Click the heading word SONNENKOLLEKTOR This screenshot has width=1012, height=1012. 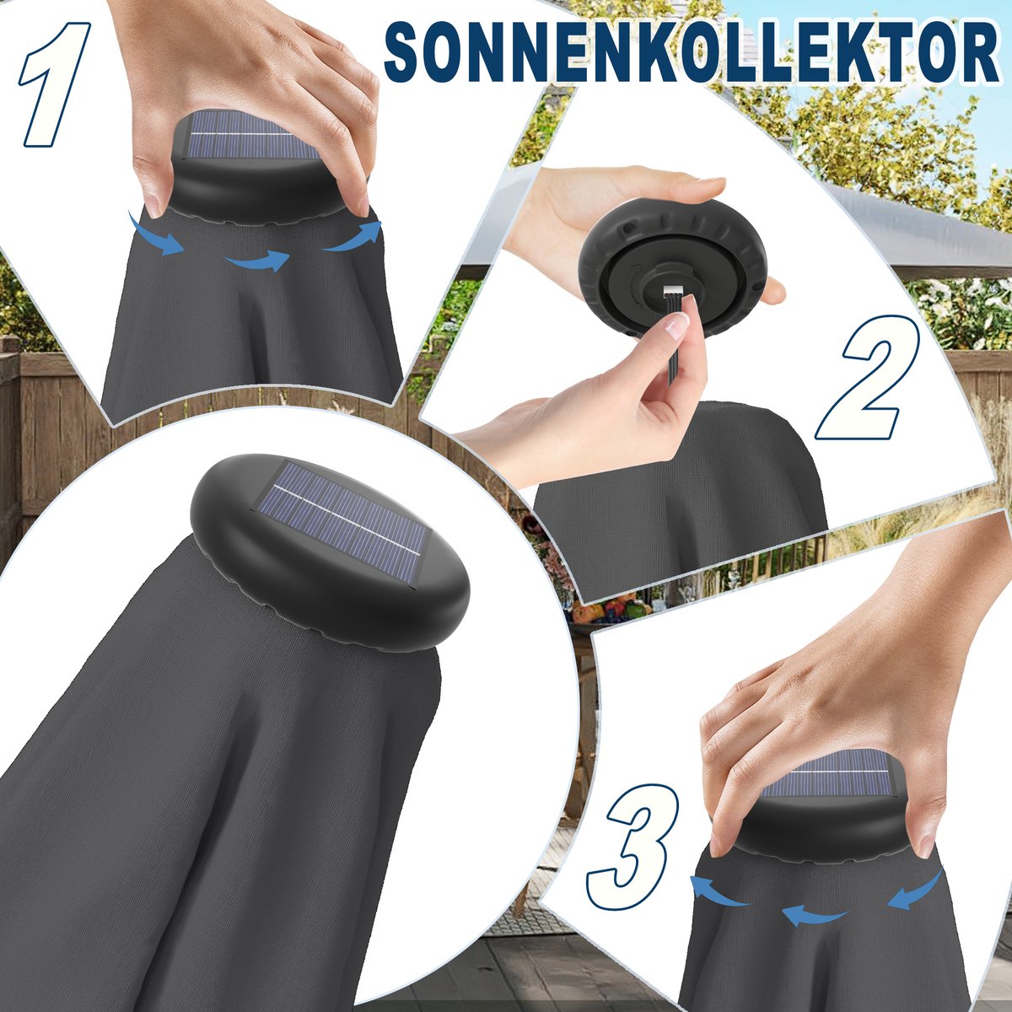(x=692, y=54)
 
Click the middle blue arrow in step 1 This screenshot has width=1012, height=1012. (x=257, y=261)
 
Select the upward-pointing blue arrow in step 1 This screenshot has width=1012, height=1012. (x=353, y=236)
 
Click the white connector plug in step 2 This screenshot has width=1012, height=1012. (x=673, y=290)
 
